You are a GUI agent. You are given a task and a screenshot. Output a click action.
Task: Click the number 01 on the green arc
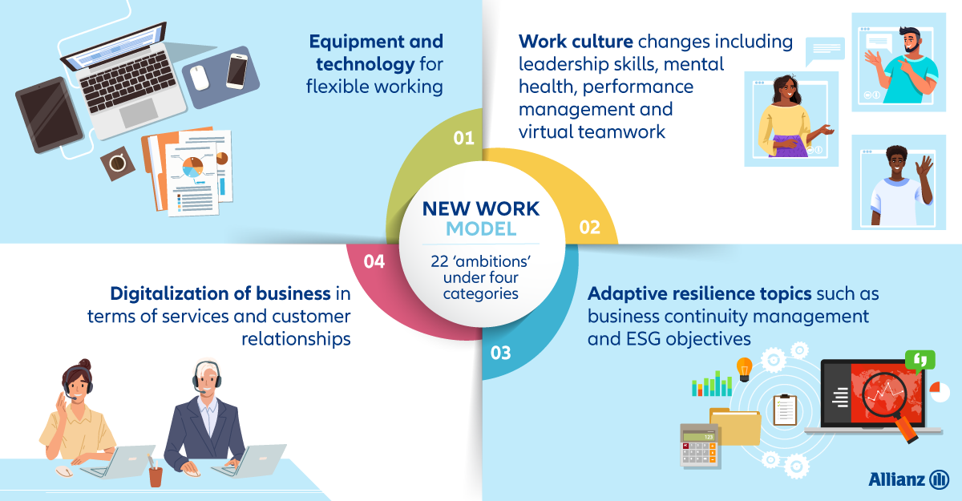pyautogui.click(x=464, y=138)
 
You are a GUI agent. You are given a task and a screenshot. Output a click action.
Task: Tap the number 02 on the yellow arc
pyautogui.click(x=590, y=227)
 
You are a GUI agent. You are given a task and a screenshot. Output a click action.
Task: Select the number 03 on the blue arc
pyautogui.click(x=501, y=353)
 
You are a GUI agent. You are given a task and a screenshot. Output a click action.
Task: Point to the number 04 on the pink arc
pyautogui.click(x=374, y=261)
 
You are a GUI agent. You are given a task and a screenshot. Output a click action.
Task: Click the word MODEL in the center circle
pyautogui.click(x=481, y=228)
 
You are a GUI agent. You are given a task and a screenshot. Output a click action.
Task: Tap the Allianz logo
pyautogui.click(x=908, y=479)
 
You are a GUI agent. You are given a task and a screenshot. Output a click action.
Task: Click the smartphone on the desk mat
pyautogui.click(x=237, y=71)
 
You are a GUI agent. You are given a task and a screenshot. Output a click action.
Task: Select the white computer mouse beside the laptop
pyautogui.click(x=200, y=78)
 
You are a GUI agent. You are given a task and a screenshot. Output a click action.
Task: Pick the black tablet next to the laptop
pyautogui.click(x=50, y=115)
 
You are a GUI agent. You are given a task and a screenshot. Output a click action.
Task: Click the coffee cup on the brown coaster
pyautogui.click(x=117, y=164)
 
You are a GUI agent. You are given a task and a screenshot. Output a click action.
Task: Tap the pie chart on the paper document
pyautogui.click(x=193, y=167)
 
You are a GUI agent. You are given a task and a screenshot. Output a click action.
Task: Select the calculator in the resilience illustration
pyautogui.click(x=700, y=445)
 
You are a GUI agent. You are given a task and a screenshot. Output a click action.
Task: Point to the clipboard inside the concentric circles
pyautogui.click(x=785, y=410)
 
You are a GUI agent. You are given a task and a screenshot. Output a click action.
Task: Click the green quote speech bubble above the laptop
pyautogui.click(x=920, y=361)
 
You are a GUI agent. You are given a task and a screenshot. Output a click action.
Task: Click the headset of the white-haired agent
pyautogui.click(x=207, y=377)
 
